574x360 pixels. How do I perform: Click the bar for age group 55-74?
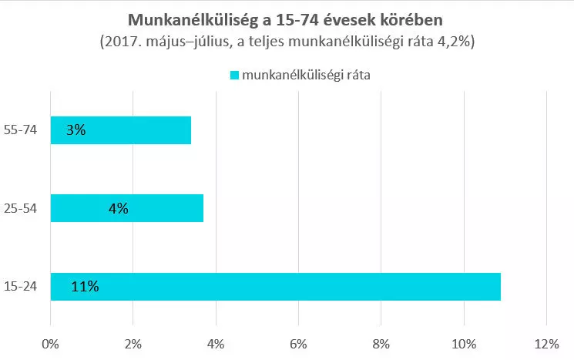point(120,130)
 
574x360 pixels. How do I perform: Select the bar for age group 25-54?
point(126,208)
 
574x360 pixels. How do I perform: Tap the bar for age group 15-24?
point(275,287)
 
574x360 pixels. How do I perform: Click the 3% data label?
point(76,130)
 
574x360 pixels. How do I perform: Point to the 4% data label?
point(118,208)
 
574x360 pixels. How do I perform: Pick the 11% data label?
point(84,287)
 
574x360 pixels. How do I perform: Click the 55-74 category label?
point(22,130)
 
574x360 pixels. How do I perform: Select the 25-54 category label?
point(22,208)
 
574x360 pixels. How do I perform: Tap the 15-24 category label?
point(22,287)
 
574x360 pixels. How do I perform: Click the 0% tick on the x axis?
point(51,342)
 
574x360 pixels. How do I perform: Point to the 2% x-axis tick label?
point(133,342)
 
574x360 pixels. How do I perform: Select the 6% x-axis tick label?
point(299,342)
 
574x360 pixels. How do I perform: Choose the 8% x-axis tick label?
point(381,342)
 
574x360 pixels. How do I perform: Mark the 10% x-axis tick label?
point(464,342)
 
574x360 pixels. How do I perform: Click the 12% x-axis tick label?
point(546,342)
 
